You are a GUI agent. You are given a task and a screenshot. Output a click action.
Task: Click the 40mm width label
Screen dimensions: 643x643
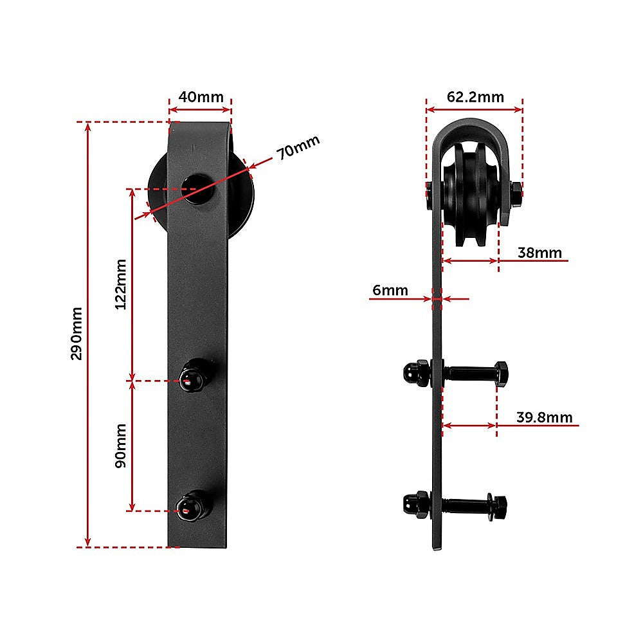pos(201,97)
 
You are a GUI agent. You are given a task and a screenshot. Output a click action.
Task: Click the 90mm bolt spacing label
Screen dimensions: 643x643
pos(120,446)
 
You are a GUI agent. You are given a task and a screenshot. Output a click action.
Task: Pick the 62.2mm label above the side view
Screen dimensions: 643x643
pos(475,97)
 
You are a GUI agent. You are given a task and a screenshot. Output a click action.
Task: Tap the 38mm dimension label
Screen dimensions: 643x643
pos(539,253)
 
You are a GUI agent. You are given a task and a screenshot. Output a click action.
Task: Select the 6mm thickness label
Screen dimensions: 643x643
pos(390,290)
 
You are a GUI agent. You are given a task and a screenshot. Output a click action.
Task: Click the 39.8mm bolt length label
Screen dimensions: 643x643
pos(544,417)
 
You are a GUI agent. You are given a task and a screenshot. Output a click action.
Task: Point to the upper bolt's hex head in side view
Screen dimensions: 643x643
pos(502,372)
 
